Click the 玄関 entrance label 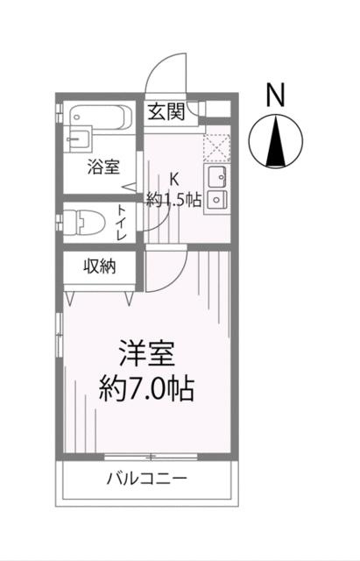(x=166, y=112)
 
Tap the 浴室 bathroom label (x=103, y=167)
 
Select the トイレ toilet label (x=121, y=222)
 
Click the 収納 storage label (x=100, y=266)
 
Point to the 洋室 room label (x=147, y=353)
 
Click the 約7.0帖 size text (x=146, y=388)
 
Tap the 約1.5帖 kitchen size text (x=173, y=200)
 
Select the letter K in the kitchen (x=174, y=179)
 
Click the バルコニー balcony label (x=147, y=479)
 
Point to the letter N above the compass (x=275, y=95)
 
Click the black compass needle (x=276, y=142)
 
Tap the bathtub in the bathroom (x=102, y=117)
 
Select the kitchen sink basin (x=216, y=177)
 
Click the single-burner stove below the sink (x=215, y=202)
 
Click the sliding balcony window (x=151, y=457)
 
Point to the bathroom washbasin (x=76, y=138)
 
